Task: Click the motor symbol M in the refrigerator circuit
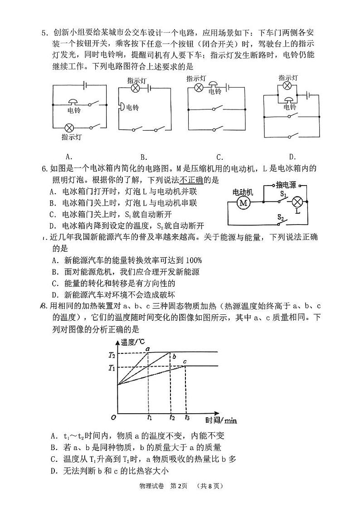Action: coord(243,203)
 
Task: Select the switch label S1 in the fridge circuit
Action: coord(283,194)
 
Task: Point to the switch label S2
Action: coord(281,218)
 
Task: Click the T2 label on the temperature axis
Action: coord(112,354)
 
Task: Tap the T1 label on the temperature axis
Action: coord(112,367)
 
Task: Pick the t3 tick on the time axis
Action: coord(187,417)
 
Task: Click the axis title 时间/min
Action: coord(221,420)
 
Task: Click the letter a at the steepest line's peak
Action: coord(147,348)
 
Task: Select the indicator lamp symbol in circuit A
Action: coord(70,127)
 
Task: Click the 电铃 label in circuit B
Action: coord(131,108)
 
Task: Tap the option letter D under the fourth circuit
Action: coord(292,157)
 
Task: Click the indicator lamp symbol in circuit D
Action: coord(287,85)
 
